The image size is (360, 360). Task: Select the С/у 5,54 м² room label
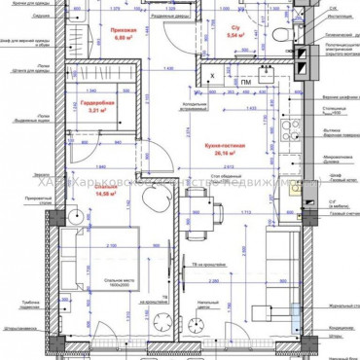click(234, 31)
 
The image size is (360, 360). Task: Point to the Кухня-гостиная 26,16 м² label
click(224, 149)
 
